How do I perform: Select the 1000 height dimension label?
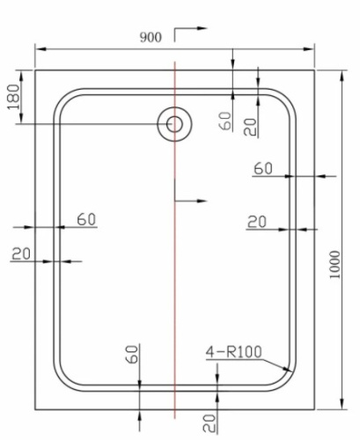pyautogui.click(x=333, y=262)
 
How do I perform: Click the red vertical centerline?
pyautogui.click(x=176, y=264)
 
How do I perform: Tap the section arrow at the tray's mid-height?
pyautogui.click(x=188, y=201)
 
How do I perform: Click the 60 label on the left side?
pyautogui.click(x=86, y=219)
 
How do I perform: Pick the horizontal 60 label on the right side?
pyautogui.click(x=263, y=168)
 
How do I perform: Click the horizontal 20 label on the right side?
pyautogui.click(x=256, y=222)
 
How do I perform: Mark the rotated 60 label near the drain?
pyautogui.click(x=224, y=121)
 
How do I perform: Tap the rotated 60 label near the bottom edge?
pyautogui.click(x=132, y=355)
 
